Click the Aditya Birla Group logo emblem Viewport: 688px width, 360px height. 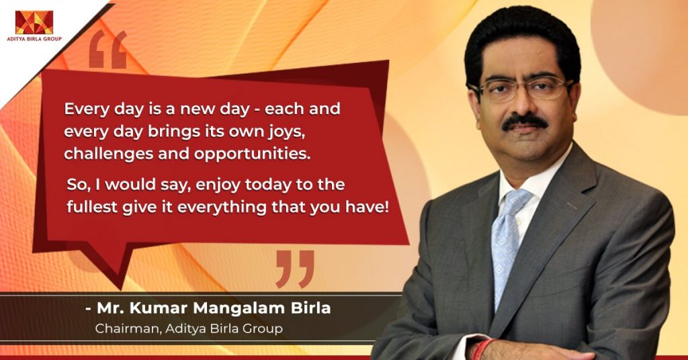click(x=34, y=22)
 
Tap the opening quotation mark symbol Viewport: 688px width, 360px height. click(x=107, y=50)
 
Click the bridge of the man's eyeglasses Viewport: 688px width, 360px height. click(x=524, y=89)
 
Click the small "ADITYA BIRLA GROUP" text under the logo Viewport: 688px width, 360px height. click(x=34, y=39)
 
